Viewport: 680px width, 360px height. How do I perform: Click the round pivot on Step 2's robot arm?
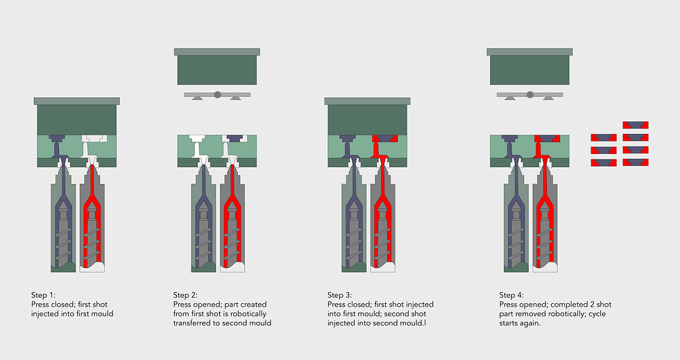pos(217,94)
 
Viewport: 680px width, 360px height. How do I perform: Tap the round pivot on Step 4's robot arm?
pos(529,94)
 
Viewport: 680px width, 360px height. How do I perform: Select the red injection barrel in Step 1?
pos(92,222)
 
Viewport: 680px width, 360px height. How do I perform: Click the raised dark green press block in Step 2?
pos(217,70)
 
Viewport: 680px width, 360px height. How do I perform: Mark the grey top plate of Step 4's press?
pos(529,51)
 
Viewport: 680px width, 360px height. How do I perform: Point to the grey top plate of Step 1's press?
pos(78,101)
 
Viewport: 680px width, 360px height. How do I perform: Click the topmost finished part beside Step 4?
pos(636,125)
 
